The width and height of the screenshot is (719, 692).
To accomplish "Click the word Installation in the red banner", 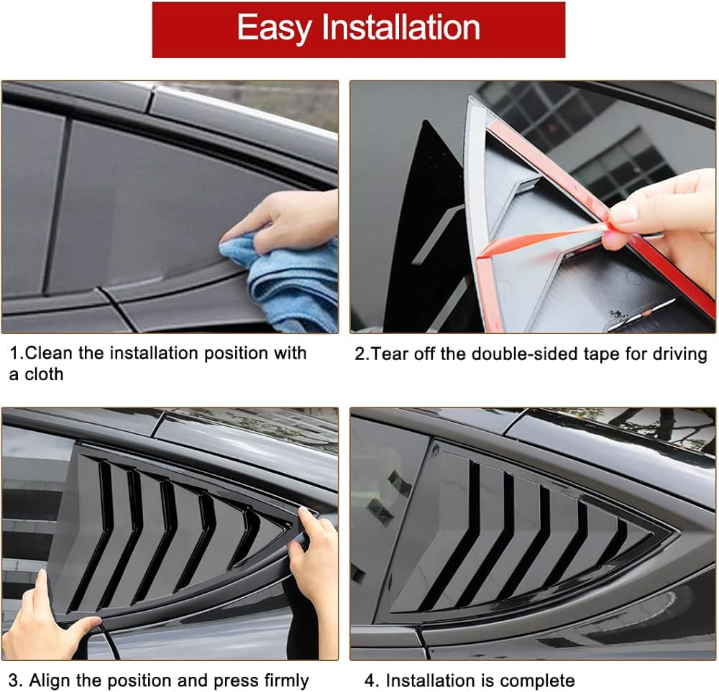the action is [400, 27].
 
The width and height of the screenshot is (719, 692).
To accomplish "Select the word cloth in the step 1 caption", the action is [44, 374].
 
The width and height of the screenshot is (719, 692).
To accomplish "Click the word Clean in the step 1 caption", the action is [50, 354].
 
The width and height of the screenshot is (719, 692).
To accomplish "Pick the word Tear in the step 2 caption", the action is [389, 354].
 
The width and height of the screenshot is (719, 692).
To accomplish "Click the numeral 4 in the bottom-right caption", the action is [370, 681].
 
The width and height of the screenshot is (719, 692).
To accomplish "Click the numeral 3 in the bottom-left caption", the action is [14, 681].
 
